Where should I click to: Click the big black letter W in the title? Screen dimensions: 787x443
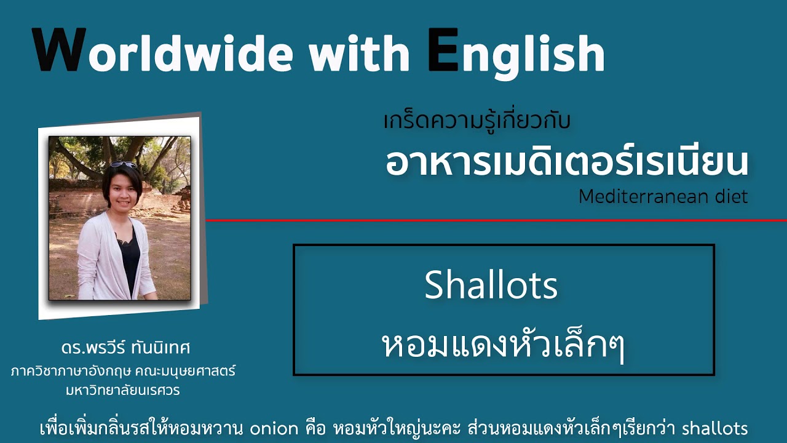60,50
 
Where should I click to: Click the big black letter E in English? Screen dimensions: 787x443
444,50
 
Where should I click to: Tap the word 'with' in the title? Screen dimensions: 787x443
359,53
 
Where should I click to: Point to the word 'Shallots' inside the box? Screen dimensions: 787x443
491,284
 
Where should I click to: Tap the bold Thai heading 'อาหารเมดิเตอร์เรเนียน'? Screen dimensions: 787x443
567,163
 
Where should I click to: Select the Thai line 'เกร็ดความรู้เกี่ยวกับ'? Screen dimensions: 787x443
477,120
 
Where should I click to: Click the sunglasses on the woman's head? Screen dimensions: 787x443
124,164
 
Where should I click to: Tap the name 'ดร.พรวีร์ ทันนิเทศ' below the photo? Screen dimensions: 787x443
125,348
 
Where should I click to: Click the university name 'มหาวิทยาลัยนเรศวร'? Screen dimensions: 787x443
122,390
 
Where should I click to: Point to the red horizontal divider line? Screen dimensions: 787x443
496,220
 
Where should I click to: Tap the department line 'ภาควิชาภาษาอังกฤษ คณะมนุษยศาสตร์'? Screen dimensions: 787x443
123,371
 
